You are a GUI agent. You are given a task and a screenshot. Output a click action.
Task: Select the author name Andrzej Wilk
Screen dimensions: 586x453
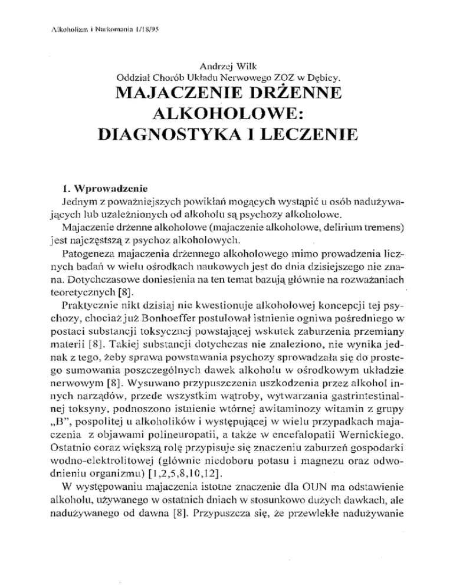click(x=226, y=67)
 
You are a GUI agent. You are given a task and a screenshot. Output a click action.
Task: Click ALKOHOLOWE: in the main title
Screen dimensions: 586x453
click(x=226, y=116)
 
